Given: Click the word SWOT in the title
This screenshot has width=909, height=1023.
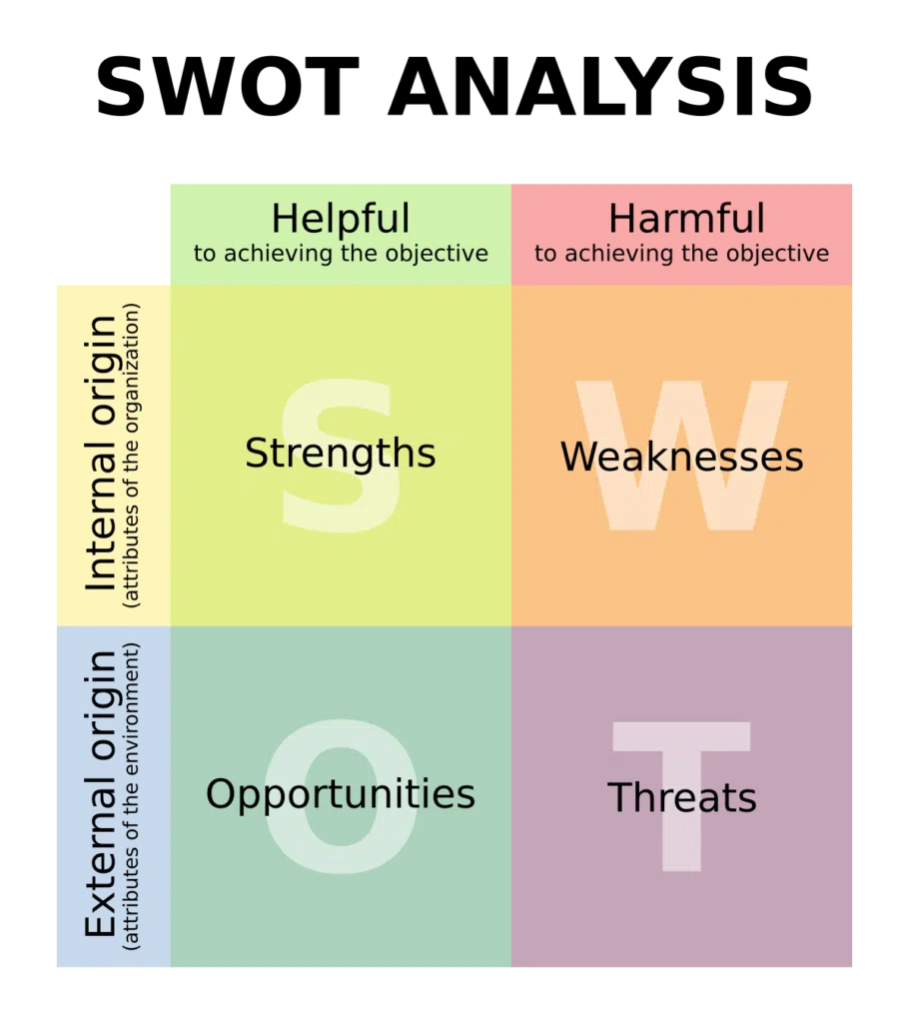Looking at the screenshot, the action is (228, 86).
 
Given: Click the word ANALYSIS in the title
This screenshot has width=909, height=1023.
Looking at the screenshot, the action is (600, 86).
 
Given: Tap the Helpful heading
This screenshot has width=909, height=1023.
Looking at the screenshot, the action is (341, 218).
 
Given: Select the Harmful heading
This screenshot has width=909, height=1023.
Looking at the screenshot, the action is (686, 218).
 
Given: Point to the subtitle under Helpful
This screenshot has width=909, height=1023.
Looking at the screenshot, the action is (341, 253).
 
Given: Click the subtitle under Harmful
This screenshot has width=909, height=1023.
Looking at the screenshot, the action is (681, 253).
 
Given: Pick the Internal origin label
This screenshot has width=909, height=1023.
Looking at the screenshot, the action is (101, 455).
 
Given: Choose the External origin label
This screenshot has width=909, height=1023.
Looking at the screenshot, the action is (101, 794).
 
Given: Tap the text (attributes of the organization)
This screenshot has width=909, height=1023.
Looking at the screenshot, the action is (131, 456).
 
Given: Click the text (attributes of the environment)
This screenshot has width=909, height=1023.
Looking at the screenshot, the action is (131, 795).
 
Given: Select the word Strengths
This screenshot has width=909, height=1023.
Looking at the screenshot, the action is (340, 454).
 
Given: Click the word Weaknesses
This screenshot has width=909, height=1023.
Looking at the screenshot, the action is (682, 456).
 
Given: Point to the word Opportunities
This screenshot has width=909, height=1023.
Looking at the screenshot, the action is (341, 794).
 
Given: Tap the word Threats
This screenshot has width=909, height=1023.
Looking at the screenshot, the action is (682, 797).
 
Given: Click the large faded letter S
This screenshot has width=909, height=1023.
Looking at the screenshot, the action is (341, 456).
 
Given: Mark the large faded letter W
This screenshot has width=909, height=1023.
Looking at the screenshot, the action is (682, 456).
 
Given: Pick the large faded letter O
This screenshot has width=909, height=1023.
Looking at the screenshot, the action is (341, 796).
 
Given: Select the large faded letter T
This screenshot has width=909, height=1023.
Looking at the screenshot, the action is (682, 796).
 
